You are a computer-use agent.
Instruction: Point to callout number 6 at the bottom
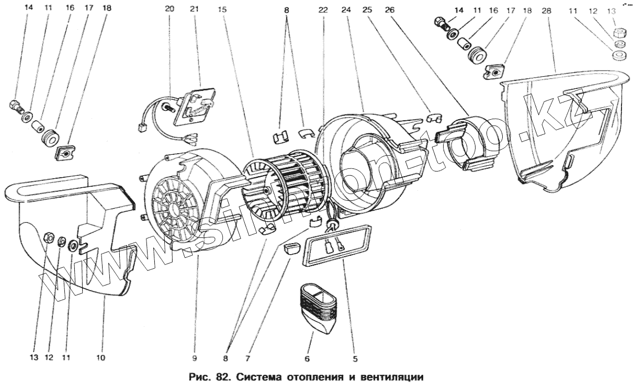pos(307,359)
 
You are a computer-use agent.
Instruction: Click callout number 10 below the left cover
pos(100,358)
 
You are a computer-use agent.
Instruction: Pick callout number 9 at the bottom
pos(194,359)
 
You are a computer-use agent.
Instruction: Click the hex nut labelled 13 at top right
pos(618,33)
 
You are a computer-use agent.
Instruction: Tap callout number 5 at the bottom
pos(355,359)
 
